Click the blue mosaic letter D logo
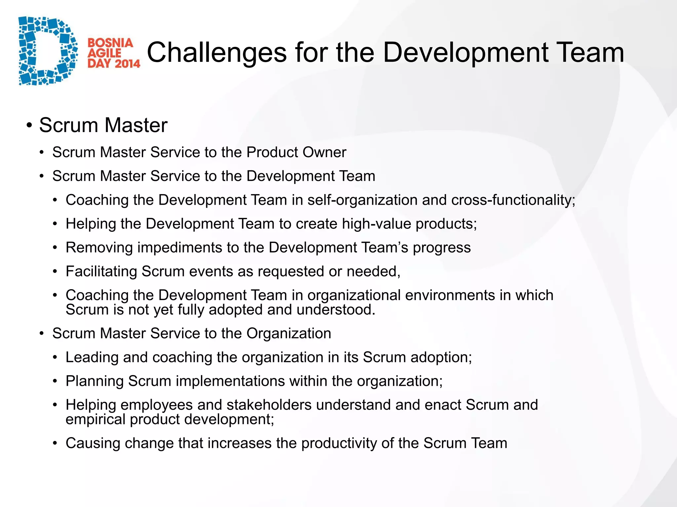pos(46,51)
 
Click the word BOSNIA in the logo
pos(110,43)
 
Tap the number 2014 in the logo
pos(127,63)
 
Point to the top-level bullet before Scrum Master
pos(29,126)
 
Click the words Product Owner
pos(296,152)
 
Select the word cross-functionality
pos(513,200)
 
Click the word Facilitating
pos(101,272)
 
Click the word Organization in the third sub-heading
pos(289,333)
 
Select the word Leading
pos(92,357)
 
